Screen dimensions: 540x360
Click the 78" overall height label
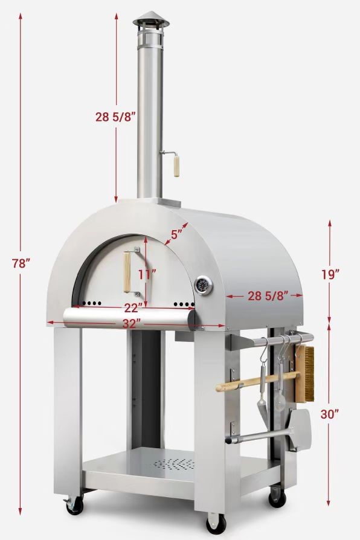pos(21,263)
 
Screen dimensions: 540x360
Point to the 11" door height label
pos(146,273)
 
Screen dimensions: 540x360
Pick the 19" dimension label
pos(330,273)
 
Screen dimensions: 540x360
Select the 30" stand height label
pos(330,414)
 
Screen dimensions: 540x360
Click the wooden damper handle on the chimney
pos(177,164)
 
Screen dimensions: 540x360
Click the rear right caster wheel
pos(277,497)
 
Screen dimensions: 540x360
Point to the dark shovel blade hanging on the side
pos(298,429)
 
